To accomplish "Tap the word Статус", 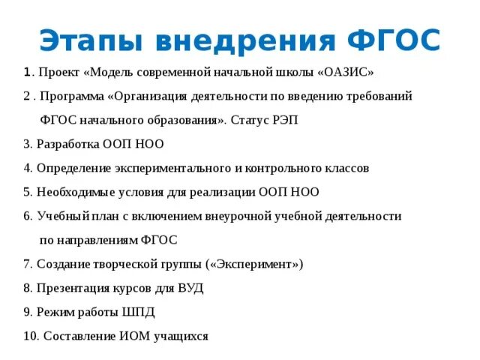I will (251, 121).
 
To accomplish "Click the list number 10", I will (31, 336).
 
